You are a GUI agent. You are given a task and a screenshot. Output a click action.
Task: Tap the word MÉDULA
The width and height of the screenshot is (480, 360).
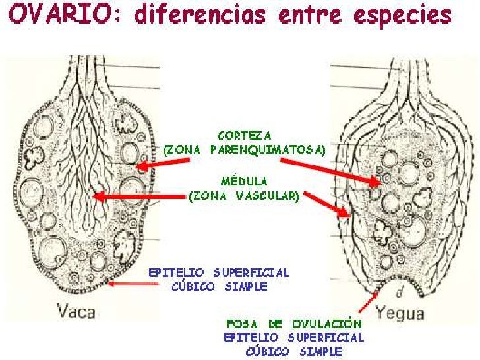pyautogui.click(x=243, y=180)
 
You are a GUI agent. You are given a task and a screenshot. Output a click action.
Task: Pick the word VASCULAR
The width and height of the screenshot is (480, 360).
pyautogui.click(x=267, y=195)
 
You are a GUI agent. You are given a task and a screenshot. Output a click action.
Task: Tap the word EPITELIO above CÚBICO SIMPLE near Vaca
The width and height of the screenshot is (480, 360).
pyautogui.click(x=173, y=272)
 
